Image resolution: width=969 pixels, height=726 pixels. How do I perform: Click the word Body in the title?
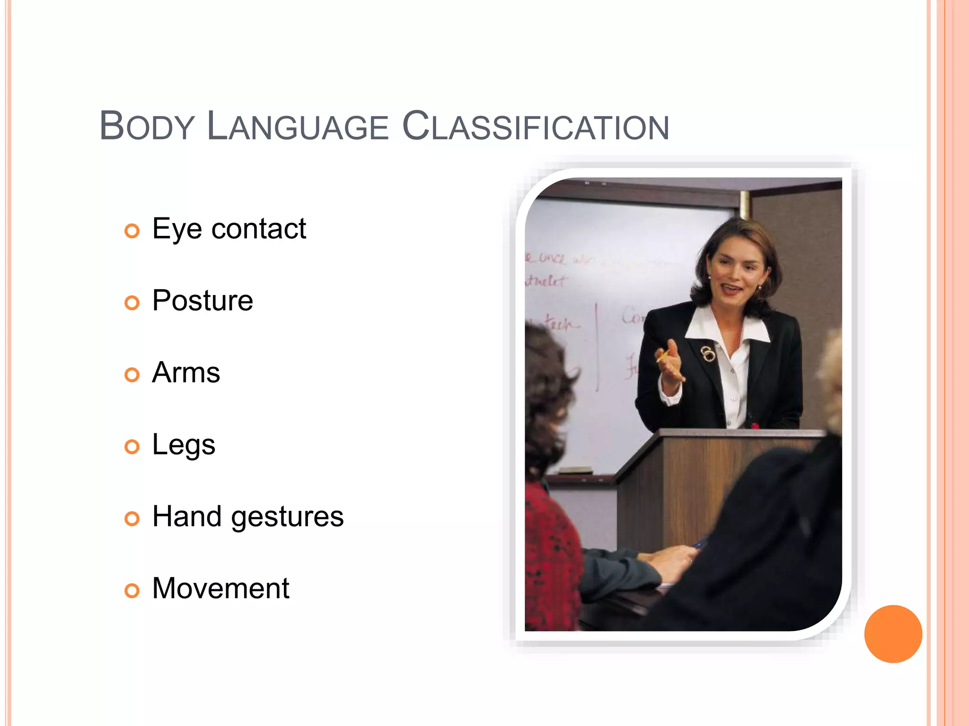click(x=147, y=126)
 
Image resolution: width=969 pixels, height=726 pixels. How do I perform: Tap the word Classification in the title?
click(x=536, y=126)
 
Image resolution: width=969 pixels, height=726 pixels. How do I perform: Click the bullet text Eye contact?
click(x=229, y=229)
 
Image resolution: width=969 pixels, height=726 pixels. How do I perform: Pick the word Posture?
click(x=203, y=301)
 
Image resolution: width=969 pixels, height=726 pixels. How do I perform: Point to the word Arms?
click(x=186, y=372)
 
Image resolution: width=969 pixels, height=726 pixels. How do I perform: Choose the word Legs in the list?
click(x=184, y=445)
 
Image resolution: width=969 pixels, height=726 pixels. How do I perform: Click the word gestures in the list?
click(x=287, y=517)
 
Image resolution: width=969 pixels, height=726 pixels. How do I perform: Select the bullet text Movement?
click(x=220, y=588)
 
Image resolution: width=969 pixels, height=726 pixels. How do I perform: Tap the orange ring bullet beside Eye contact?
click(x=132, y=231)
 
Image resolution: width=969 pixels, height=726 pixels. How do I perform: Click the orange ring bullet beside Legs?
click(x=132, y=447)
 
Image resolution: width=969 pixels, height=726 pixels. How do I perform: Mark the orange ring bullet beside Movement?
click(x=132, y=590)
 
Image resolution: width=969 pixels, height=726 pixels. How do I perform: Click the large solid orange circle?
click(x=893, y=634)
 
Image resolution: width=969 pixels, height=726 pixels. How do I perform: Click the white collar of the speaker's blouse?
click(x=752, y=328)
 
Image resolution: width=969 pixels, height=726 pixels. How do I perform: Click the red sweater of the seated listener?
click(x=551, y=558)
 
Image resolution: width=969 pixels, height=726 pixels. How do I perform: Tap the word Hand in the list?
click(x=186, y=517)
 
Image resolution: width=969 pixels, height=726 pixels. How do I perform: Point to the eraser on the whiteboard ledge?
click(x=574, y=470)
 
